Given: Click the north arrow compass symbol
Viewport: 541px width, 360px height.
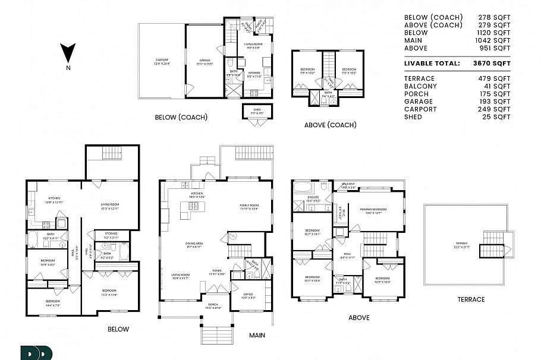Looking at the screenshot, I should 68,54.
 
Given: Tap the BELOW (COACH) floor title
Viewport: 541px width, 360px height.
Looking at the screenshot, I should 181,118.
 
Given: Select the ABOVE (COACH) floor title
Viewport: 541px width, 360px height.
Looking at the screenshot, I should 330,125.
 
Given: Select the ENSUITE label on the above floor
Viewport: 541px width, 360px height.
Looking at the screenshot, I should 313,197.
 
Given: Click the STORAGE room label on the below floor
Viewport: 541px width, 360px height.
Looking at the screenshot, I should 111,234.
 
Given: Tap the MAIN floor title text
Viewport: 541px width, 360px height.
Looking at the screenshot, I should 257,336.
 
